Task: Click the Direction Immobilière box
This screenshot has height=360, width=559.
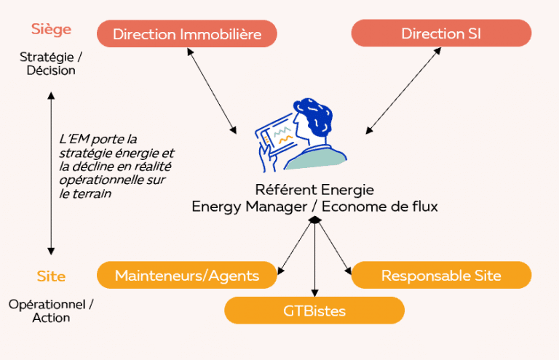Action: click(x=188, y=33)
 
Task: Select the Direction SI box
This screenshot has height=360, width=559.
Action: click(x=441, y=33)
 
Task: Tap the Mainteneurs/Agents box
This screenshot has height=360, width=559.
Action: click(x=187, y=275)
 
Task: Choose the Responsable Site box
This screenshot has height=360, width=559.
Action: click(x=441, y=275)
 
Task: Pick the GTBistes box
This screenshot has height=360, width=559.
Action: click(x=314, y=311)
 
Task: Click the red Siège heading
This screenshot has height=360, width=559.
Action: click(x=51, y=30)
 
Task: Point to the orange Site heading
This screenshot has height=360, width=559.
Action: click(x=51, y=276)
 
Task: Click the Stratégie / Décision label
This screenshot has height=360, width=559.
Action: click(x=51, y=64)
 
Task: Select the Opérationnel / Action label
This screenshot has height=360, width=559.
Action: click(x=51, y=311)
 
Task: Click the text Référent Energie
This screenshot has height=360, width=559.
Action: click(x=314, y=190)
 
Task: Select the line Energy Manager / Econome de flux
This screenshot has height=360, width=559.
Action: click(x=314, y=207)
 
